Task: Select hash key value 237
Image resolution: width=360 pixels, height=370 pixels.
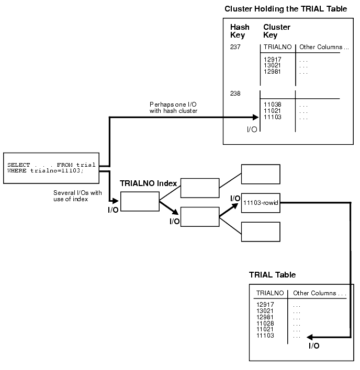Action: [235, 47]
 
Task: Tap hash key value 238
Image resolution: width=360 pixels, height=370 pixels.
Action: [235, 94]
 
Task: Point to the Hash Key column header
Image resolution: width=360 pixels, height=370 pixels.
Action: [240, 31]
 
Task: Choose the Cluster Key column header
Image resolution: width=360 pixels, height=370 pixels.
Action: [277, 31]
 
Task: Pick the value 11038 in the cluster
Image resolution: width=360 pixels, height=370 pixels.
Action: [272, 105]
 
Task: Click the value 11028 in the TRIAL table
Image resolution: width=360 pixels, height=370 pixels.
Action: [265, 323]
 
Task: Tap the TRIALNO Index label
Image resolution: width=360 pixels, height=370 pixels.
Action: [148, 183]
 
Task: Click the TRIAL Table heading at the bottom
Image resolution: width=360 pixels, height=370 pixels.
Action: [272, 275]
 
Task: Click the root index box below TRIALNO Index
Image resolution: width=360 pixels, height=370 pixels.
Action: [139, 201]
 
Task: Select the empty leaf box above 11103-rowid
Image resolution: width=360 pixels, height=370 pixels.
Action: [261, 174]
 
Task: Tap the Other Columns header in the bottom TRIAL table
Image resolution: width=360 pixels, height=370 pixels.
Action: [319, 293]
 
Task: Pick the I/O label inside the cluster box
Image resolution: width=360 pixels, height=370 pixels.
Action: [252, 130]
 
